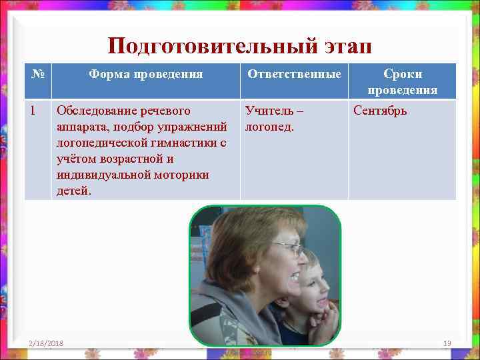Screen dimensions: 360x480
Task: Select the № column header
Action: [x=37, y=74]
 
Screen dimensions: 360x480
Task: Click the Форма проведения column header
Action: [x=145, y=74]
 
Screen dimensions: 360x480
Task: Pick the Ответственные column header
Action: [x=294, y=74]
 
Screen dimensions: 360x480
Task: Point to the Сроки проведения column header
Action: [x=402, y=81]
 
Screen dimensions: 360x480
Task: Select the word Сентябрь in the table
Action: [x=380, y=110]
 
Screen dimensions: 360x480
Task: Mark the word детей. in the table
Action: [x=74, y=190]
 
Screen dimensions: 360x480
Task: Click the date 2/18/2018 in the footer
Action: [x=46, y=343]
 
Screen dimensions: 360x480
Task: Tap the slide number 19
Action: [x=447, y=343]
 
